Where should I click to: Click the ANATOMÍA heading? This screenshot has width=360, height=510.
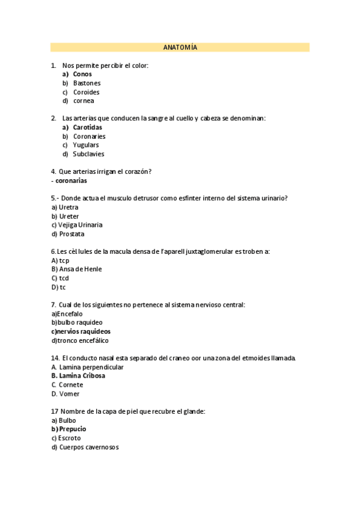(180, 48)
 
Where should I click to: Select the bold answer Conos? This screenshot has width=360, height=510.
(82, 74)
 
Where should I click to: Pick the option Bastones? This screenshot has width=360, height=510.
(87, 83)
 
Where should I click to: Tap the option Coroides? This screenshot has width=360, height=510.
(86, 92)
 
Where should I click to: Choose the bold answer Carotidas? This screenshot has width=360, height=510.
(87, 127)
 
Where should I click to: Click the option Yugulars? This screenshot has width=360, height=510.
(86, 145)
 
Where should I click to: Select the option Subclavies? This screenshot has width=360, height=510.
(88, 154)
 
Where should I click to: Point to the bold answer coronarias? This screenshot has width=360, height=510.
(71, 180)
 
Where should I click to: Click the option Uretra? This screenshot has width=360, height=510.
(69, 207)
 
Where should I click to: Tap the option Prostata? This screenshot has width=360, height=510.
(72, 234)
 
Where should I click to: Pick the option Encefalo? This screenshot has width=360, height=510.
(70, 314)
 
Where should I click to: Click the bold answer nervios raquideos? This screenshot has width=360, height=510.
(84, 331)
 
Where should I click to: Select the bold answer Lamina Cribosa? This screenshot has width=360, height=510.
(82, 376)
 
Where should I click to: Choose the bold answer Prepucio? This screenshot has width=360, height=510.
(72, 429)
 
